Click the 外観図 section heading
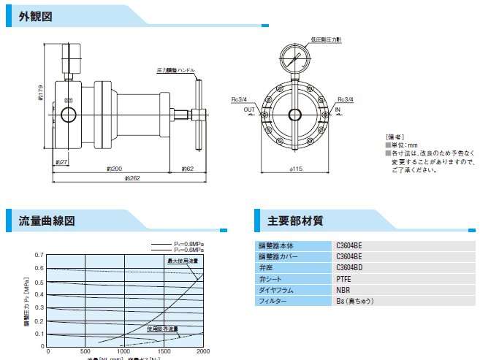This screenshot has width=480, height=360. pyautogui.click(x=36, y=16)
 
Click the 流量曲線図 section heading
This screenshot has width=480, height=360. pyautogui.click(x=47, y=219)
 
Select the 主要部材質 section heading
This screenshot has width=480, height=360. pyautogui.click(x=295, y=219)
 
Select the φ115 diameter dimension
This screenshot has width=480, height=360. pyautogui.click(x=296, y=169)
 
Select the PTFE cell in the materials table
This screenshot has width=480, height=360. pyautogui.click(x=343, y=278)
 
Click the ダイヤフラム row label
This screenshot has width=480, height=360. pyautogui.click(x=276, y=289)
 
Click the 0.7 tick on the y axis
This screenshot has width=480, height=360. pyautogui.click(x=39, y=256)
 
